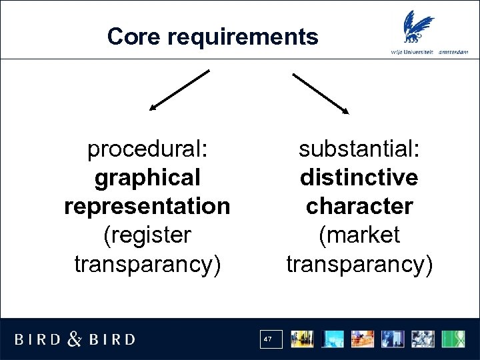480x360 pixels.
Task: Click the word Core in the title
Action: pyautogui.click(x=134, y=37)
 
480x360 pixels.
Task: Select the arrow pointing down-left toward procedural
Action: pyautogui.click(x=179, y=89)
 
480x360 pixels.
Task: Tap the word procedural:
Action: pyautogui.click(x=147, y=149)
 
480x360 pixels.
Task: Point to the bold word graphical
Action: pyautogui.click(x=147, y=178)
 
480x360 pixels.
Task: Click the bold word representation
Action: pyautogui.click(x=147, y=207)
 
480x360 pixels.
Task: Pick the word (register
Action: pyautogui.click(x=147, y=235)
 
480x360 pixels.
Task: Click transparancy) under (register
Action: pyautogui.click(x=147, y=264)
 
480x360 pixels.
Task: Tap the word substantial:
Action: pyautogui.click(x=359, y=149)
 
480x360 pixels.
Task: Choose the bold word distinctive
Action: pyautogui.click(x=359, y=178)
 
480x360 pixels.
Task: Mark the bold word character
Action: pyautogui.click(x=359, y=207)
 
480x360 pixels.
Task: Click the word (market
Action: pyautogui.click(x=359, y=235)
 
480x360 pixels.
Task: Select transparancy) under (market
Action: pyautogui.click(x=359, y=264)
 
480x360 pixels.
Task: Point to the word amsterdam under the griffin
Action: pyautogui.click(x=454, y=52)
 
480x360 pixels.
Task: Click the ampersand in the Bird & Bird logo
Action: pyautogui.click(x=75, y=339)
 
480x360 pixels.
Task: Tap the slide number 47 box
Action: pyautogui.click(x=269, y=339)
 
